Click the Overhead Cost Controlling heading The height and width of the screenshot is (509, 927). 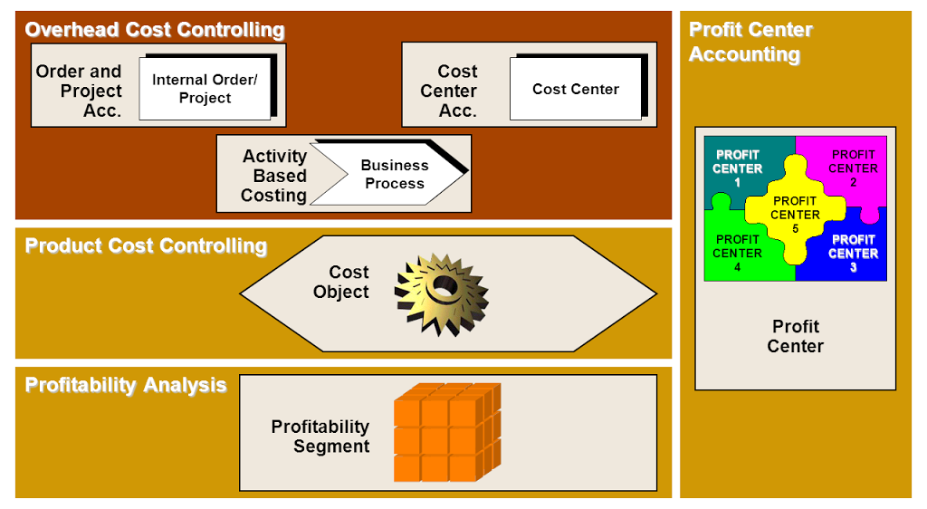click(x=155, y=30)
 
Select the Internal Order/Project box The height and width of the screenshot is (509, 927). click(x=205, y=89)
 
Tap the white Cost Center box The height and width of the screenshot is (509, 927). click(x=576, y=89)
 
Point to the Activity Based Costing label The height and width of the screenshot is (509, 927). click(x=274, y=176)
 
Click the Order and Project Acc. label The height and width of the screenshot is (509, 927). click(x=80, y=91)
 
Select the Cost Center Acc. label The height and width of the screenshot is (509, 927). click(x=450, y=91)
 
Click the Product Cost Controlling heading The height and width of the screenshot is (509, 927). click(x=146, y=246)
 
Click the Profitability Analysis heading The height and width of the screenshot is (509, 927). click(x=126, y=385)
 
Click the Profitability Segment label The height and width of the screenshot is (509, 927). click(x=320, y=436)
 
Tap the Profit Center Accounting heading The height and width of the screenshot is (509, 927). click(x=750, y=42)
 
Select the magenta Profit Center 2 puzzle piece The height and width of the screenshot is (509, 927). click(x=853, y=163)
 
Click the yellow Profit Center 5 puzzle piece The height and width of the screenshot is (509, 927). click(x=795, y=214)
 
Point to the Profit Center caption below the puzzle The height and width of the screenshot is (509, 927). click(x=796, y=336)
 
